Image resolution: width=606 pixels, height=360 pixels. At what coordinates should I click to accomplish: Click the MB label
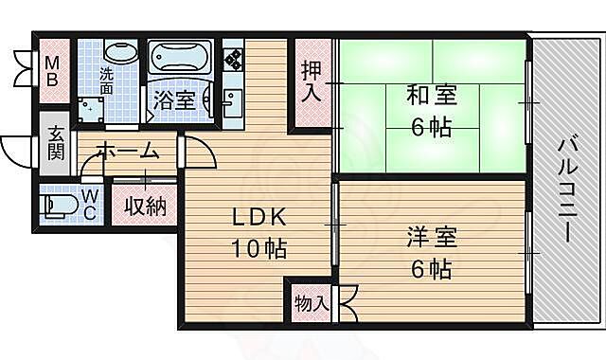pos(53,72)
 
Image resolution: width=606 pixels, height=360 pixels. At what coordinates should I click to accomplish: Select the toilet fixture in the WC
pos(63,204)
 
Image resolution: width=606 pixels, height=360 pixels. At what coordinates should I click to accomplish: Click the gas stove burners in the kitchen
pos(232,56)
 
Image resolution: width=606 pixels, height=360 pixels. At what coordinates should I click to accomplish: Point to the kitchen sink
pos(232,99)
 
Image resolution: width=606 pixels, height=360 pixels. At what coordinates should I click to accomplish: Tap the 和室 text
pos(431,96)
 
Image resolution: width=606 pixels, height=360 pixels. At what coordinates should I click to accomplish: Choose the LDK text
pos(259,217)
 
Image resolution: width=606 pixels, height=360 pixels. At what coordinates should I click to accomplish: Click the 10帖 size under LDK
pos(259,249)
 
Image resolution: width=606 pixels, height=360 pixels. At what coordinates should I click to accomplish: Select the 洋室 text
pos(431,236)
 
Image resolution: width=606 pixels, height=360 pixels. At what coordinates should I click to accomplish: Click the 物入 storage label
pos(312,303)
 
